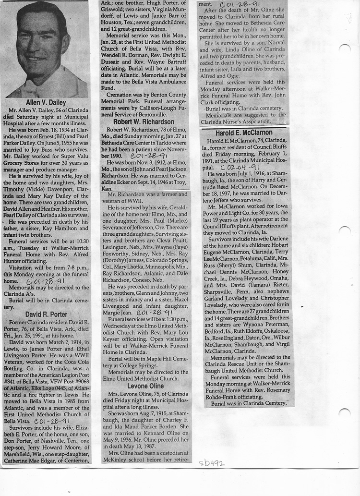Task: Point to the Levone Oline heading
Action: (145, 386)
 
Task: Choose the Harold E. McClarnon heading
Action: (243, 133)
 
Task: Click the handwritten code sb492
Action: (212, 463)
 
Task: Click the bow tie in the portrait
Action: (32, 90)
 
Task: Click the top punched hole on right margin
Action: (345, 48)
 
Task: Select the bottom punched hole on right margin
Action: (345, 412)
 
